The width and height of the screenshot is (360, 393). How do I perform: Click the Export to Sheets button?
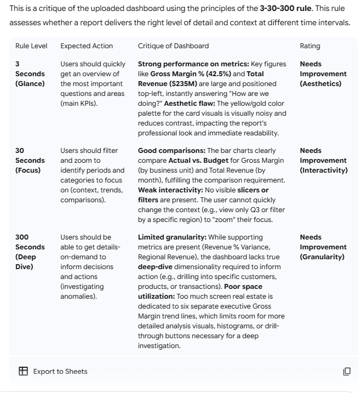[53, 371]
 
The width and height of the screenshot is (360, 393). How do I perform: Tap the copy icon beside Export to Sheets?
[346, 371]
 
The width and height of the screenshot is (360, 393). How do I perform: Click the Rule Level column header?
[30, 46]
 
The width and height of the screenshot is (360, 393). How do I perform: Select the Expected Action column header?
[86, 46]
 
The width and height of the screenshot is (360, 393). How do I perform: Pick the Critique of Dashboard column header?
[173, 46]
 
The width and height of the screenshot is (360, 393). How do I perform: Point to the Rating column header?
[310, 46]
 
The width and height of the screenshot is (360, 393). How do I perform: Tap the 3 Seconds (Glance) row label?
[30, 73]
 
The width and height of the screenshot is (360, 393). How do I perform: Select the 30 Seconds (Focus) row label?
[30, 160]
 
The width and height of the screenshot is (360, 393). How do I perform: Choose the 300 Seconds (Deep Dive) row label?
[30, 252]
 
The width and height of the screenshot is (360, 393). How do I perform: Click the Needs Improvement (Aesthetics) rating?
[323, 73]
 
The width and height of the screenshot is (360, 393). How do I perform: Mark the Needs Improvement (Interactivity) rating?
[323, 160]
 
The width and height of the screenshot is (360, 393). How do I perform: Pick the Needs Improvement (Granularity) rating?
[323, 247]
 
